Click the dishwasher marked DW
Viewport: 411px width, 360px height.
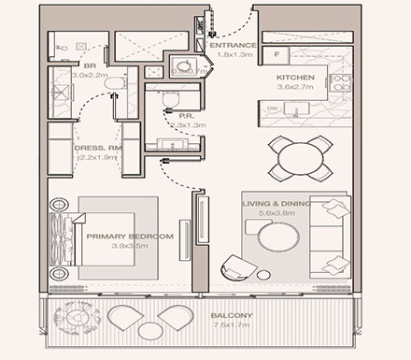[x=272, y=108]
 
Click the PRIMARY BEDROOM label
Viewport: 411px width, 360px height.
[x=130, y=238]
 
